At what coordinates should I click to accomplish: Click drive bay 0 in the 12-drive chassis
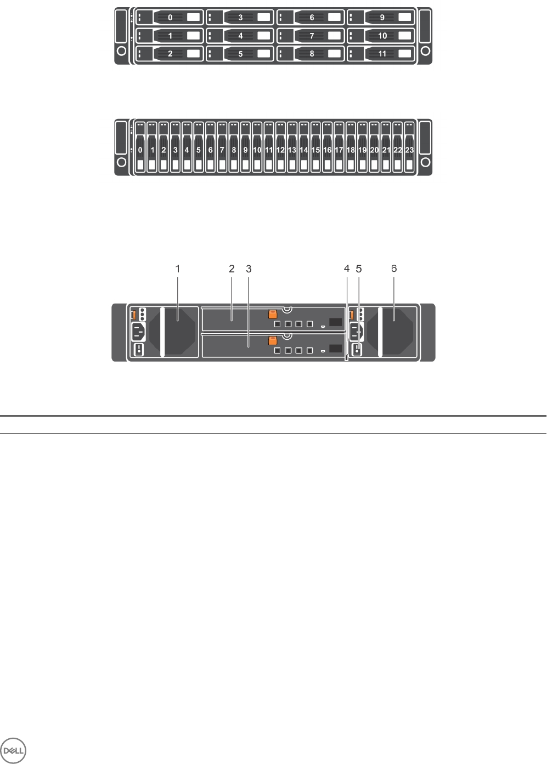tap(170, 18)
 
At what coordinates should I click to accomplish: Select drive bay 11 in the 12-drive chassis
tap(382, 54)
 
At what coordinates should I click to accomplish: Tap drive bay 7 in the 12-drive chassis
tap(311, 36)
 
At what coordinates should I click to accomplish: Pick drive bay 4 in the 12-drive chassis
tap(240, 36)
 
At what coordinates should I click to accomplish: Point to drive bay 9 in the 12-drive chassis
tap(382, 18)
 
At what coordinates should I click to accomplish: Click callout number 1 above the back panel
tap(178, 269)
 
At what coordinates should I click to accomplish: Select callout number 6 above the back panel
tap(394, 269)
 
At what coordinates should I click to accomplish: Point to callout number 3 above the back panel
tap(249, 269)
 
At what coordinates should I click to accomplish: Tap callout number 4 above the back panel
tap(347, 269)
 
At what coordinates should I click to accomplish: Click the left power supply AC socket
tap(139, 331)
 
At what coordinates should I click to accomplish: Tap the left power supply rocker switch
tap(139, 349)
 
